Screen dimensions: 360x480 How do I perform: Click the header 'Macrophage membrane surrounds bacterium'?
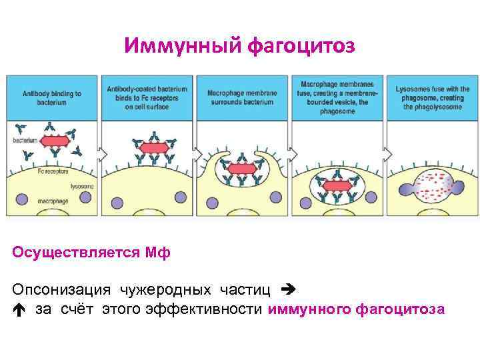click(241, 98)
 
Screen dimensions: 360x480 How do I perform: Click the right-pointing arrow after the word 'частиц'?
click(287, 290)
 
